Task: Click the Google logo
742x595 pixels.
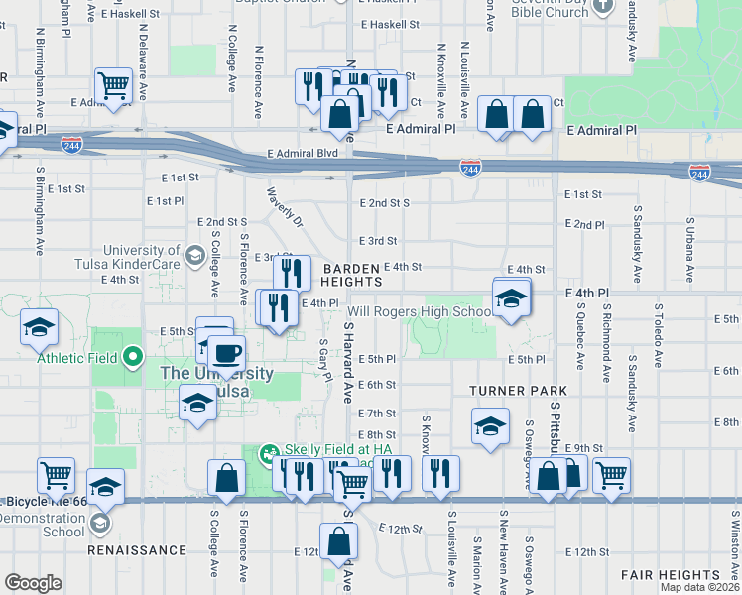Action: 33,583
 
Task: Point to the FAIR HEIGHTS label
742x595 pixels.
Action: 671,575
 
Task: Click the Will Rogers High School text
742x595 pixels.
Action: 420,312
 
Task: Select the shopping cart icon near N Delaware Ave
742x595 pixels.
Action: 114,84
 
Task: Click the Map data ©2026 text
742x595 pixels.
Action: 698,587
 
